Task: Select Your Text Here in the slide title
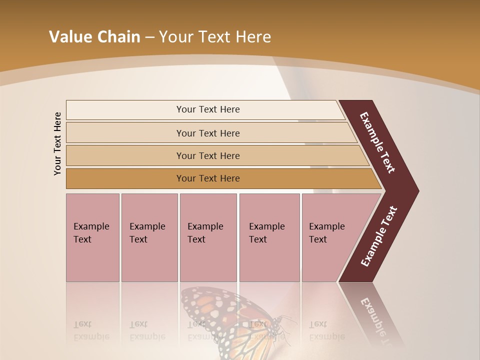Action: [x=215, y=37]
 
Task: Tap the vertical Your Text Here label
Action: [x=57, y=143]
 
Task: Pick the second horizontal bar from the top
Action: [x=207, y=133]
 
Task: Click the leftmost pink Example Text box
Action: [x=92, y=237]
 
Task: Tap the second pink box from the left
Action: [x=149, y=237]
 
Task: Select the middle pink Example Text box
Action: [x=208, y=237]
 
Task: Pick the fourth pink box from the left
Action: [x=269, y=237]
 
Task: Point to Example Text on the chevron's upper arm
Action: [x=377, y=142]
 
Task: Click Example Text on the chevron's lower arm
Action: [x=378, y=236]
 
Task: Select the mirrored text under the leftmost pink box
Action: [x=91, y=331]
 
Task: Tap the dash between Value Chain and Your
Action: [x=149, y=37]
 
